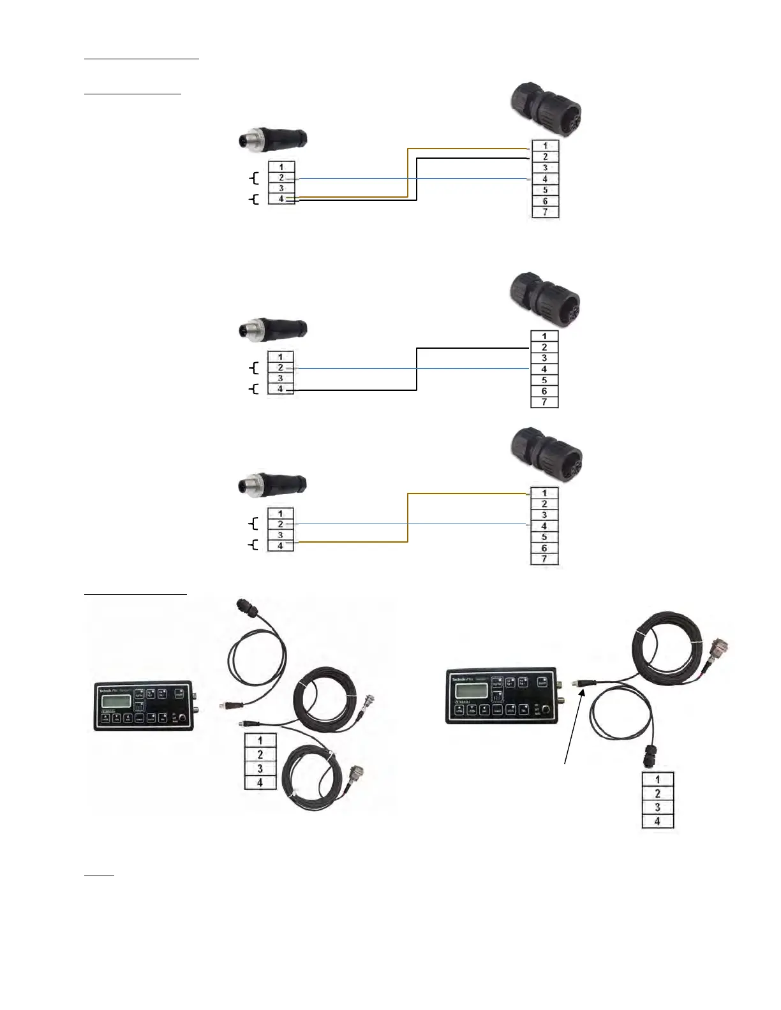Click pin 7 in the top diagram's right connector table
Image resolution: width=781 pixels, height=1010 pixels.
[545, 212]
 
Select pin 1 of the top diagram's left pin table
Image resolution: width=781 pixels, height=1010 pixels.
[281, 167]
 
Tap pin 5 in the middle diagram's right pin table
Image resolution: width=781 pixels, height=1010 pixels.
[544, 380]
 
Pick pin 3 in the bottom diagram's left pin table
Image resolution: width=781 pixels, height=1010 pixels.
[280, 535]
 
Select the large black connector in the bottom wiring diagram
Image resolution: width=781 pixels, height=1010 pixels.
[547, 456]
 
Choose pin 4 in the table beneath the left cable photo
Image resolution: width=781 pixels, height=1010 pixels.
[260, 782]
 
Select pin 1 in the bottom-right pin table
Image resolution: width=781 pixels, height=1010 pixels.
[658, 779]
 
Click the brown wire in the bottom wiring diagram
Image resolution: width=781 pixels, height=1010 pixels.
[408, 518]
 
